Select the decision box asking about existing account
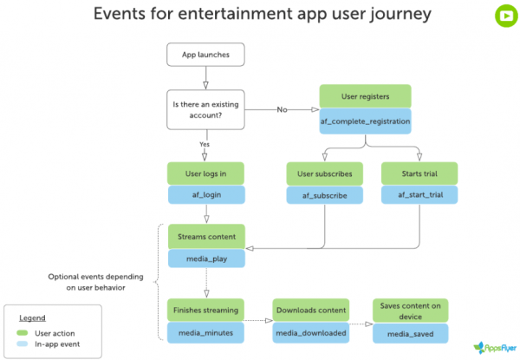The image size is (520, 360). tap(205, 110)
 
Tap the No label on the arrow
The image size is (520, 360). tap(282, 110)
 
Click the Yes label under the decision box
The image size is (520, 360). tap(205, 144)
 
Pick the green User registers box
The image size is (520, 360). tap(364, 96)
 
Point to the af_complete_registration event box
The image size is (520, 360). tap(364, 121)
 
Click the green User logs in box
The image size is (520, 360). tap(205, 174)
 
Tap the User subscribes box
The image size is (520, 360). tap(325, 174)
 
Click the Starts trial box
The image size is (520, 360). tap(419, 174)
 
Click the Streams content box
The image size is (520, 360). tap(205, 236)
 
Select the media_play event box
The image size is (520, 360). tap(205, 259)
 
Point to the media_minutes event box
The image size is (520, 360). tap(205, 331)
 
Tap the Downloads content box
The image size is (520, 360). tap(310, 310)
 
